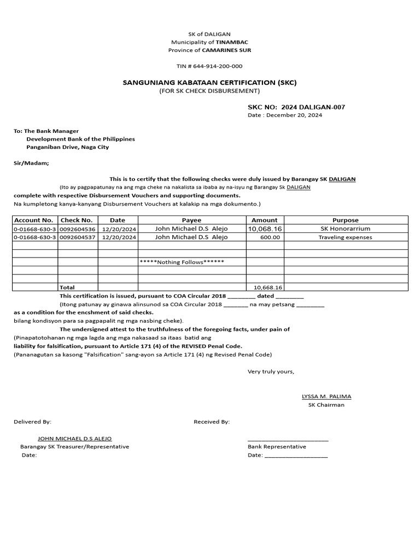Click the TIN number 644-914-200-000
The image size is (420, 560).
pos(209,66)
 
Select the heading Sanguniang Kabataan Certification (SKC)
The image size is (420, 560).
pos(209,83)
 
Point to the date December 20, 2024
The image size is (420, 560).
pos(285,115)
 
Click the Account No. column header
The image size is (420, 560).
pos(34,220)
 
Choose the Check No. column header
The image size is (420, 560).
pos(77,220)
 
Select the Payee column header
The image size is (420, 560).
pos(191,220)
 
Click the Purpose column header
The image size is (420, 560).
pos(346,220)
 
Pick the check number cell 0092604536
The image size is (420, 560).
pos(78,229)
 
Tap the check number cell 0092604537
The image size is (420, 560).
pos(78,237)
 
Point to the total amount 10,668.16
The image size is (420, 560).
pos(267,287)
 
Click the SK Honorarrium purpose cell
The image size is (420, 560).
pos(346,229)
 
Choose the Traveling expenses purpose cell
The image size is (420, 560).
pos(346,237)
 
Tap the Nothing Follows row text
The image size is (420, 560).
pos(182,262)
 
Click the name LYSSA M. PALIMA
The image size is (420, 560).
pos(326,396)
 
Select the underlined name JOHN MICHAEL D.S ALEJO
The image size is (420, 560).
pos(74,439)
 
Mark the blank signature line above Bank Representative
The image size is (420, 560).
pos(288,439)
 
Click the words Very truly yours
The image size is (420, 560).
pos(271,372)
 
